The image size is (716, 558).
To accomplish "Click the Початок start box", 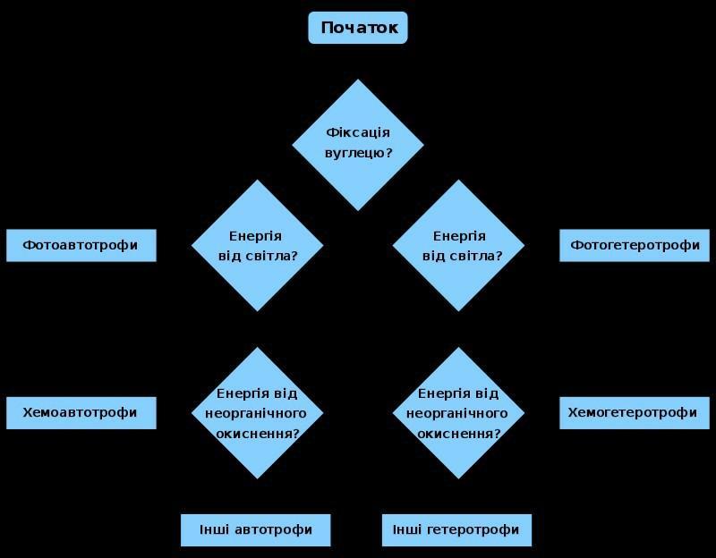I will click(x=358, y=28).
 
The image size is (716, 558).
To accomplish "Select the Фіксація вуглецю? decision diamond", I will click(x=358, y=144).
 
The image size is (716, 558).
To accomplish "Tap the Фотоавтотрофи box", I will click(x=81, y=245).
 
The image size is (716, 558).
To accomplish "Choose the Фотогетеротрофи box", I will click(x=635, y=245).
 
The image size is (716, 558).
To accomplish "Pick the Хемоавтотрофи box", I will click(x=81, y=413).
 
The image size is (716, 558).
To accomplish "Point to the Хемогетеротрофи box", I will click(x=635, y=413).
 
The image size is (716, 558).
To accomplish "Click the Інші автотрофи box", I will click(x=256, y=529).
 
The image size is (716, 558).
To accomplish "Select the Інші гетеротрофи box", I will click(x=456, y=529).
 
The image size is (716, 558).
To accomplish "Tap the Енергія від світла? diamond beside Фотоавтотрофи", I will click(x=258, y=245).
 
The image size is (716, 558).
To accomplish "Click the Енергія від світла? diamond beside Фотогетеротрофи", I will click(x=459, y=245).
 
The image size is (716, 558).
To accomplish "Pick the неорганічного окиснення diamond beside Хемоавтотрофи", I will click(x=258, y=413).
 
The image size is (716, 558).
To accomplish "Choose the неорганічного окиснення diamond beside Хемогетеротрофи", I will click(x=459, y=413).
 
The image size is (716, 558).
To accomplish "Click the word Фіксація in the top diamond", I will click(x=358, y=133).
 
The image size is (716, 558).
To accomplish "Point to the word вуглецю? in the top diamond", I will click(x=358, y=153).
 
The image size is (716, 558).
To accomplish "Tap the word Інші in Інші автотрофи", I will click(x=213, y=529).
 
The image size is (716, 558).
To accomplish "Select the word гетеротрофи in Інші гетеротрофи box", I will click(x=473, y=529).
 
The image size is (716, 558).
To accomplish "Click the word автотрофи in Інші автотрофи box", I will click(x=273, y=529).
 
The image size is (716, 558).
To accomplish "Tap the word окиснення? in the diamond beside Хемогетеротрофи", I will click(x=459, y=434).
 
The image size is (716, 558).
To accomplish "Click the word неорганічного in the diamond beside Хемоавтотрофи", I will click(x=258, y=413).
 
